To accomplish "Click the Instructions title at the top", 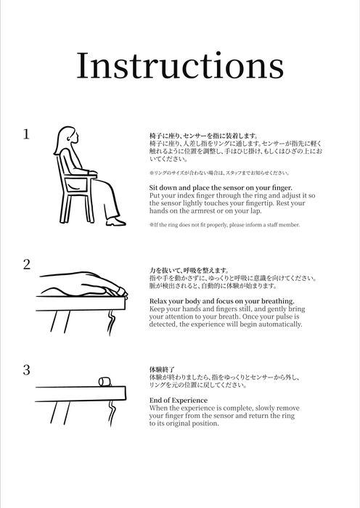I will coord(180,66).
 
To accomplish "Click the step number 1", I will coord(26,134).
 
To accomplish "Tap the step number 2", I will coord(26,265).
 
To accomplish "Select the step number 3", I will coord(26,370).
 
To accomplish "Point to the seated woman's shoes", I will coord(116,222).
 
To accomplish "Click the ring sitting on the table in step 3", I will coord(103,382).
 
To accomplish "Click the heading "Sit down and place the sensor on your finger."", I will coord(215,187).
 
